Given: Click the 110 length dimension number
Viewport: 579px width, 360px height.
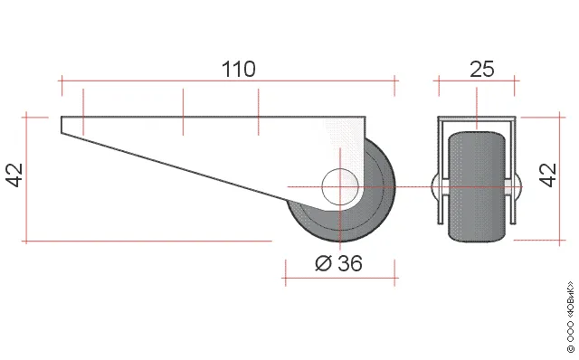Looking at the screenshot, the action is [238, 69].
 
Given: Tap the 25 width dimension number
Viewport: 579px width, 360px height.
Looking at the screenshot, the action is [482, 69].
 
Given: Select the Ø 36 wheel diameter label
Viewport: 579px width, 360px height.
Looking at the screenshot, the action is [338, 263].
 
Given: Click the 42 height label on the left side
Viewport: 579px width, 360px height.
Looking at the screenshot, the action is [14, 175].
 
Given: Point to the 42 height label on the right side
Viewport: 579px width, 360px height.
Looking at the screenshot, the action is [548, 175].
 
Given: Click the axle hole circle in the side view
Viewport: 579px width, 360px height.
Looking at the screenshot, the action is [340, 187].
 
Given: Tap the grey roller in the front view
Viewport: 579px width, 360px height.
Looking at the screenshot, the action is [477, 187].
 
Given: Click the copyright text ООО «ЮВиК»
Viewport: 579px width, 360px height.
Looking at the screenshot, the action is [571, 317].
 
